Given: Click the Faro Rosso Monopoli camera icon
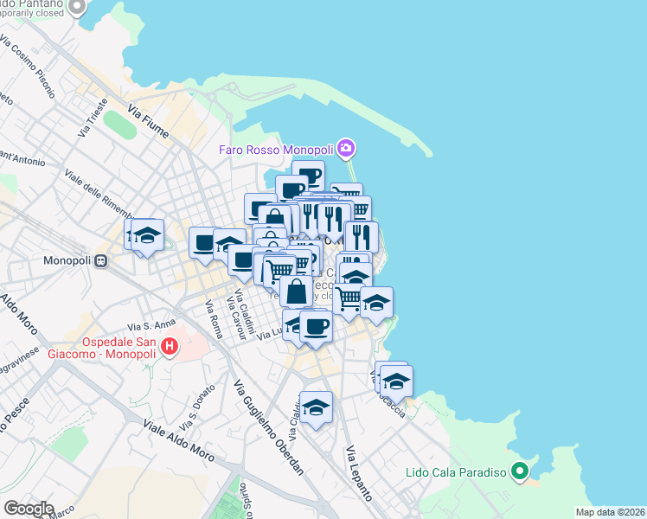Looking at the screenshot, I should point(347,149).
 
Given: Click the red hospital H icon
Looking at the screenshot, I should point(170,348).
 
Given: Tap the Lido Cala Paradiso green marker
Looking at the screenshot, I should point(520,472).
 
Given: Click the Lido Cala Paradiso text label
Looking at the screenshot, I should point(455,473).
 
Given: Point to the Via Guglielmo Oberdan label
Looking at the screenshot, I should point(268,429).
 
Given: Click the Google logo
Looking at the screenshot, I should point(29,508).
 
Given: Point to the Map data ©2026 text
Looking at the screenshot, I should point(610,512).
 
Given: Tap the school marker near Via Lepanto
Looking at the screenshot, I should point(316,407).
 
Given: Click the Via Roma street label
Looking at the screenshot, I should point(214,319).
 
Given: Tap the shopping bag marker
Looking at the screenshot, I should point(296,291).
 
